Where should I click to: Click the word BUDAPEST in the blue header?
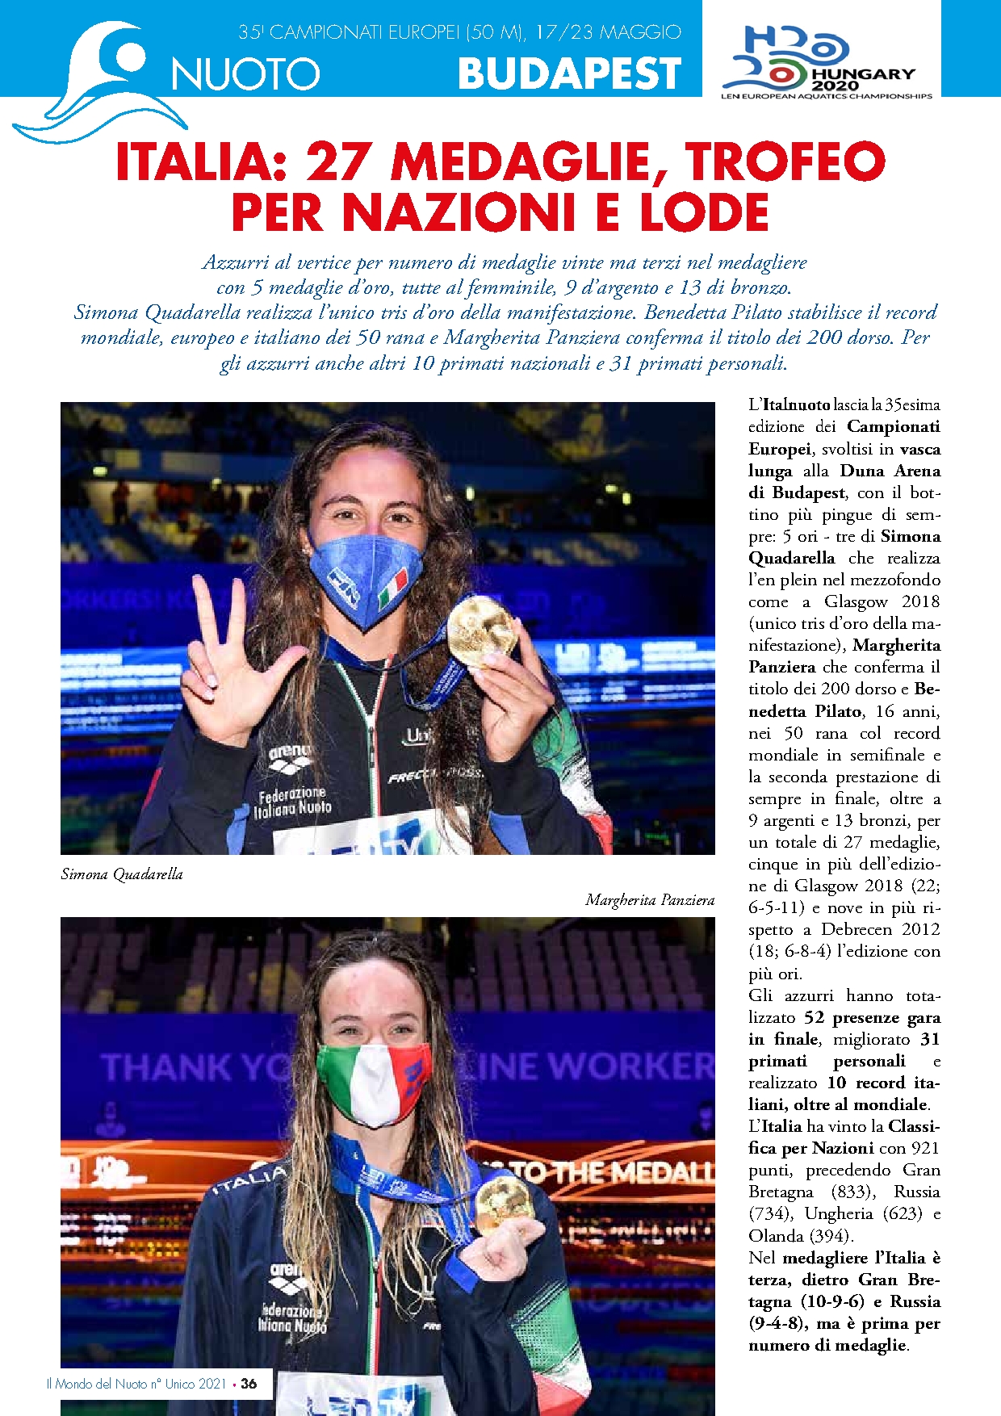[569, 73]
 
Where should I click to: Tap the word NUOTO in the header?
[245, 74]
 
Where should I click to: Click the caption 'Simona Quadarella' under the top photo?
[122, 874]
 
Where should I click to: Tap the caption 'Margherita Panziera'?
[650, 900]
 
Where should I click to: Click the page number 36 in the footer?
[249, 1383]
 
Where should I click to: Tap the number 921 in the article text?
[924, 1148]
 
